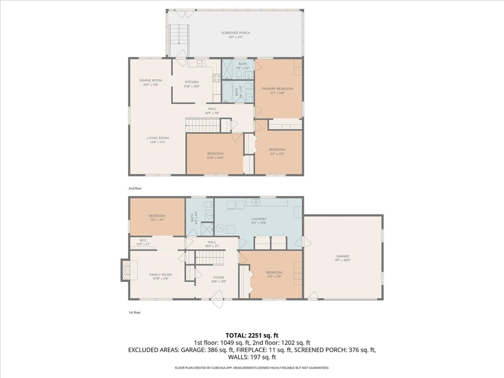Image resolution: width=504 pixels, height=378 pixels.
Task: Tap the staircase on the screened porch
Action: (179, 36)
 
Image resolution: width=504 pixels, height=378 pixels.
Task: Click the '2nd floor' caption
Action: (135, 189)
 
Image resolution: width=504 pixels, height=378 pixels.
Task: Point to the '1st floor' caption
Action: (135, 312)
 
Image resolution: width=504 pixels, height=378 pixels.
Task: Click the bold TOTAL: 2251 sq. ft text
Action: (251, 334)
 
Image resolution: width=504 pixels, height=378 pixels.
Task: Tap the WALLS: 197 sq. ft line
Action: (251, 357)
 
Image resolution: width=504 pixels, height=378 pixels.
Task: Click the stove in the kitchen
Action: (216, 78)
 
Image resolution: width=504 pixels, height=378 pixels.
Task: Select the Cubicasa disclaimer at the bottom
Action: (251, 368)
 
